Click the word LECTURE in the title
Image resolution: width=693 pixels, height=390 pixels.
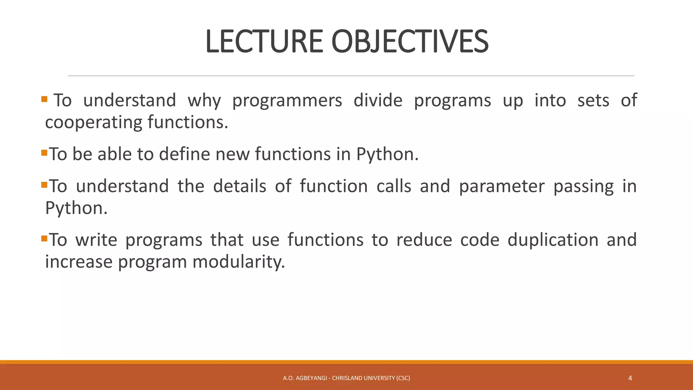pos(264,42)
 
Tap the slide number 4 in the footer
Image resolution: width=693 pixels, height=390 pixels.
pos(630,378)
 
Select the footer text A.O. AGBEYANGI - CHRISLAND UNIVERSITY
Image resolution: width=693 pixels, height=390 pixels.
pos(346,378)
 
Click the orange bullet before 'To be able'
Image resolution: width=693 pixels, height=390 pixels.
pos(44,153)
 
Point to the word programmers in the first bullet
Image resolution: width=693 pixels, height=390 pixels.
pos(287,101)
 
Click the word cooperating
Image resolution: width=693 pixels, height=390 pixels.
pos(93,122)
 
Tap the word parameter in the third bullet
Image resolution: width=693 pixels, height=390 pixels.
pos(501,187)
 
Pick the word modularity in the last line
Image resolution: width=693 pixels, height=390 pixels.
pos(239,262)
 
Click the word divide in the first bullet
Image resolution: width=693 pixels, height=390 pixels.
pos(378,101)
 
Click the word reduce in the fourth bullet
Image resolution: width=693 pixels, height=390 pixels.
pos(424,240)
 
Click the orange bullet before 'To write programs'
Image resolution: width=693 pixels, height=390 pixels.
pos(44,239)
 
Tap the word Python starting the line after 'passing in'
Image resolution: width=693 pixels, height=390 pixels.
pos(76,208)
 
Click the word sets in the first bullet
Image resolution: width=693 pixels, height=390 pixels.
pos(593,101)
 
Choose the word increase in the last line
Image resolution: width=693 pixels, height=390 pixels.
pos(79,262)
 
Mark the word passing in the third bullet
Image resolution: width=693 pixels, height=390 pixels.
pos(583,187)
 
